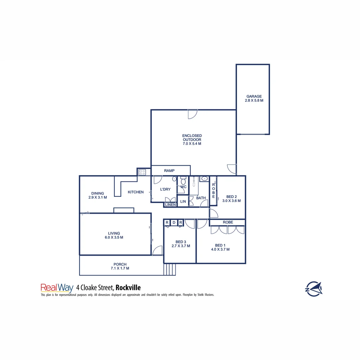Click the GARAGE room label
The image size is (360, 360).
click(254, 96)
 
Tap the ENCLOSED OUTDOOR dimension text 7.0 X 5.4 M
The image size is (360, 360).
click(192, 144)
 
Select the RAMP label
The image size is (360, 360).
click(169, 171)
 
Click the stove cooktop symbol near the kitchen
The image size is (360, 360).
click(142, 172)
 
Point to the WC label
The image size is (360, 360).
click(183, 187)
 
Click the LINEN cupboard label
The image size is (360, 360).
click(170, 205)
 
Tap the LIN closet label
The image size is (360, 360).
click(183, 201)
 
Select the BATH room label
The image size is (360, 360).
click(201, 198)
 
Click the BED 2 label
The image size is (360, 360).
click(231, 196)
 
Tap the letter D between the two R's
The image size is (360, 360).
click(174, 223)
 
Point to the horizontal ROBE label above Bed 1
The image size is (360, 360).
click(228, 222)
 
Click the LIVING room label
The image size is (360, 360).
click(114, 233)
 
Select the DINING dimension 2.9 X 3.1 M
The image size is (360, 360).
click(98, 197)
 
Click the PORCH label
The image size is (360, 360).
click(120, 264)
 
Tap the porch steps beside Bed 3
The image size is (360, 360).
click(169, 269)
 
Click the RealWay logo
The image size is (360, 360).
click(57, 287)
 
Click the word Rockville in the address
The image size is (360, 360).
click(128, 287)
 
